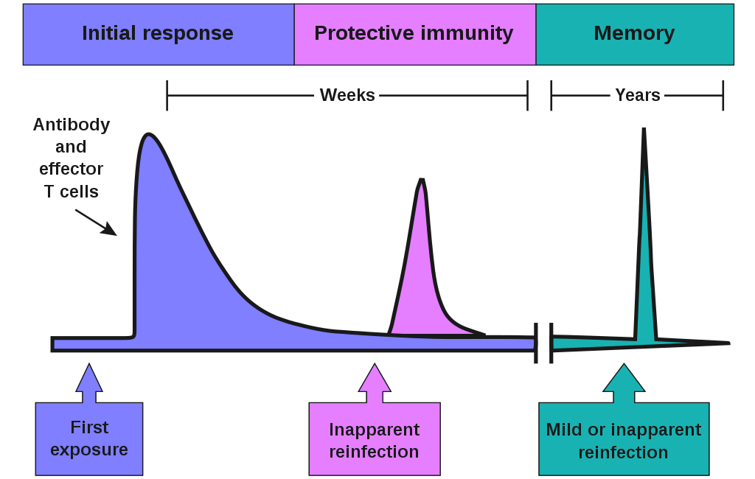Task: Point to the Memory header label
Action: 634,33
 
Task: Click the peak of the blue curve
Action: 149,137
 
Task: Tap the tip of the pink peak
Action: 421,184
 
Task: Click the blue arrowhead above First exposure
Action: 89,378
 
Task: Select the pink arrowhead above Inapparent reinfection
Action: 375,378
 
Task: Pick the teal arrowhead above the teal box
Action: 624,378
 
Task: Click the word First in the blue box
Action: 89,427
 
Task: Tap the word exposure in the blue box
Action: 89,450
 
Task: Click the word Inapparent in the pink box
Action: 374,430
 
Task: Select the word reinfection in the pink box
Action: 374,452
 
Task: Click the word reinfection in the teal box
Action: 623,452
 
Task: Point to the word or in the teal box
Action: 596,430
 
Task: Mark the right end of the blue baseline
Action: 532,343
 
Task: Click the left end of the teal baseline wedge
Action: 555,343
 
